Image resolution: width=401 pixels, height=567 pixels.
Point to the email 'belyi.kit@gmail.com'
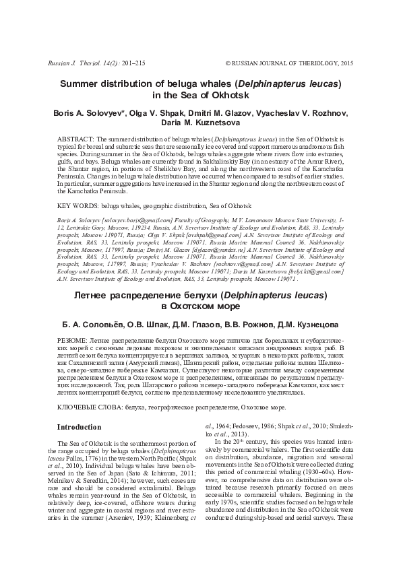pyautogui.click(x=320, y=270)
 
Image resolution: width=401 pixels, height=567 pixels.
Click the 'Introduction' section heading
pyautogui.click(x=79, y=427)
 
